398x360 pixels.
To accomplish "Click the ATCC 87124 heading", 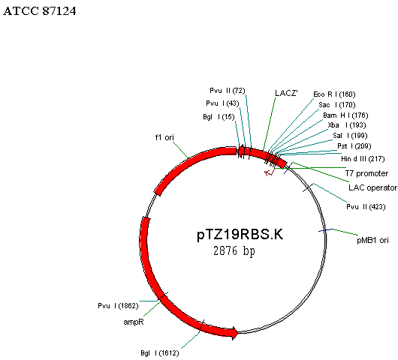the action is point(40,11).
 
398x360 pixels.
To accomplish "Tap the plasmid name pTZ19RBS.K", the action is point(240,234).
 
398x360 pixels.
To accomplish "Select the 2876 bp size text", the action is point(234,251).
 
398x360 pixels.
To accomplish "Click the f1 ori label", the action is point(164,137).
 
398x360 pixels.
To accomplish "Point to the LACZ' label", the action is point(286,93).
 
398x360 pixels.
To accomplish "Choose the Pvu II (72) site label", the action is point(228,91).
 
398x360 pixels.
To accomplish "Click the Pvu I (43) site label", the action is point(222,103).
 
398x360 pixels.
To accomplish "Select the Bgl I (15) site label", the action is point(219,117).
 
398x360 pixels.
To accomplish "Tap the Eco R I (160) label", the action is point(334,94).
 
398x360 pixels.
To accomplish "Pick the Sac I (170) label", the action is point(337,105).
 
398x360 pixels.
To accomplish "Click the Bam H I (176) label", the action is point(345,115).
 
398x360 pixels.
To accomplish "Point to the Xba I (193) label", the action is point(347,125).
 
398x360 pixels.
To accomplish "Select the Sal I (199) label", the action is point(350,136).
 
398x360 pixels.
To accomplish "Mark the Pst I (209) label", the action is point(354,146).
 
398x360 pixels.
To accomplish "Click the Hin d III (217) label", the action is point(363,159).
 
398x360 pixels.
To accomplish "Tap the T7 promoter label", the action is point(366,173).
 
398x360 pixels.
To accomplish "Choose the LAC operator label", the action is point(373,187).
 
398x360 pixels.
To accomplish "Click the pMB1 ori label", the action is point(372,240).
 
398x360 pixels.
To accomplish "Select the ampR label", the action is point(134,322).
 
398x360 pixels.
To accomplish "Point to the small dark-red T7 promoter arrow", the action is point(269,172).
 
